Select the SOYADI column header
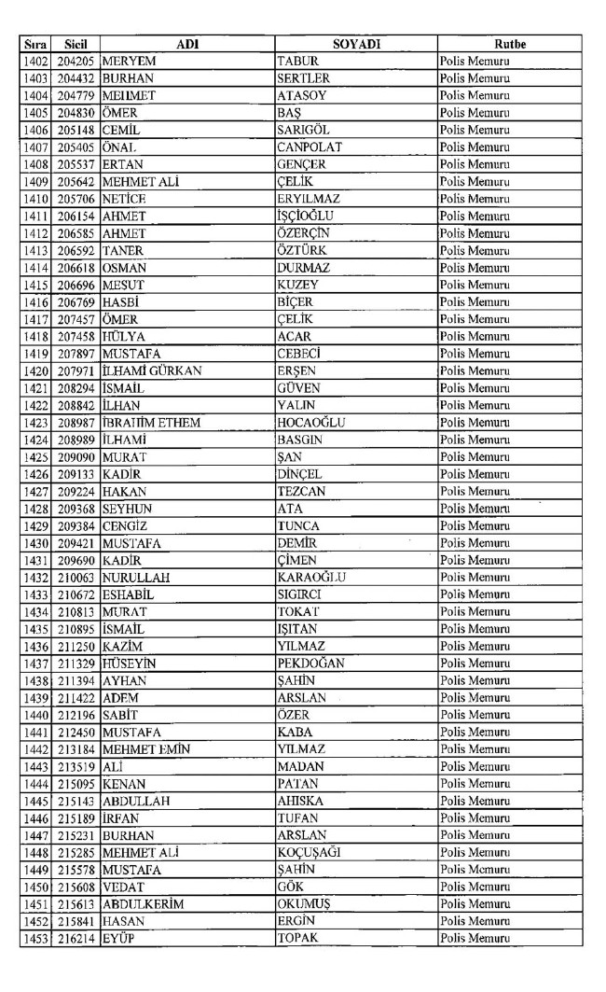[x=356, y=44]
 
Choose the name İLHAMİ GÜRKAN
[x=152, y=370]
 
